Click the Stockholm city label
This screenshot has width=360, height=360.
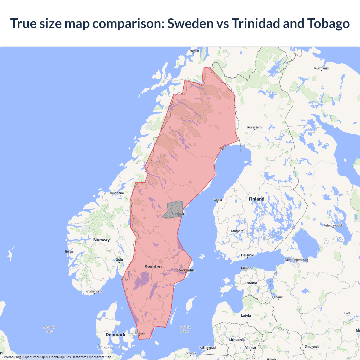pyautogui.click(x=185, y=270)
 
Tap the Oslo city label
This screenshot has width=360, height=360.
pyautogui.click(x=119, y=260)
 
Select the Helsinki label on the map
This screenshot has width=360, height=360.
pyautogui.click(x=247, y=255)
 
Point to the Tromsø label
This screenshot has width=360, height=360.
pyautogui.click(x=193, y=51)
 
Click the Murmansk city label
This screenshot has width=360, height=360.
pyautogui.click(x=321, y=68)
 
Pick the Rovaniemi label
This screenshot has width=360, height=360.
pyautogui.click(x=255, y=127)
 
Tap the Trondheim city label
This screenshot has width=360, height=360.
pyautogui.click(x=116, y=193)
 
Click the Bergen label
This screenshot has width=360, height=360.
pyautogui.click(x=70, y=251)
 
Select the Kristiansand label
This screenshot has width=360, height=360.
pyautogui.click(x=94, y=291)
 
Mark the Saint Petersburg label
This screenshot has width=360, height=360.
pyautogui.click(x=296, y=260)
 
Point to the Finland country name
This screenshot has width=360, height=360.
pyautogui.click(x=256, y=199)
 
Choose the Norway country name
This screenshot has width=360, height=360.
pyautogui.click(x=102, y=240)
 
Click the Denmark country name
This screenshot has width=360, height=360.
pyautogui.click(x=115, y=334)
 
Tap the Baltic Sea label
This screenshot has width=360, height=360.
pyautogui.click(x=185, y=329)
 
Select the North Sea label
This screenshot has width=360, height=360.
pyautogui.click(x=49, y=329)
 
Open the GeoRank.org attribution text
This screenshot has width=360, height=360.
pyautogui.click(x=11, y=357)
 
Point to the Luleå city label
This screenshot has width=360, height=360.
pyautogui.click(x=222, y=148)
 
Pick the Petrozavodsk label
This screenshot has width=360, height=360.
pyautogui.click(x=333, y=225)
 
